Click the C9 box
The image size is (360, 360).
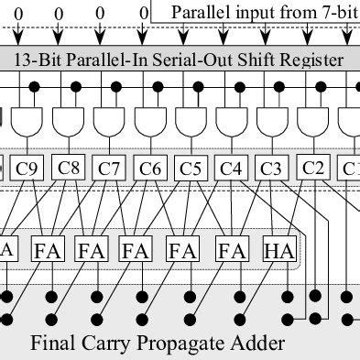coord(28,169)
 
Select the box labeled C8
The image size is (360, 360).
coord(70,169)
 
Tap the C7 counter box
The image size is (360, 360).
coord(110,169)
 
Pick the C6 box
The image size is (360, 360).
coord(150,169)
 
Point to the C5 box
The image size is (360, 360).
coord(191,169)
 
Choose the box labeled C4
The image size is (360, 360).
coord(231,169)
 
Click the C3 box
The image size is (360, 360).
coord(271,169)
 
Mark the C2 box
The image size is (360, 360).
coord(313,169)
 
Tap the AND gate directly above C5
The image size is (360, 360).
coord(191,120)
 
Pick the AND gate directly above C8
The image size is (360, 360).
coord(70,120)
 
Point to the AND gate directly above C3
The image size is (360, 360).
coord(271,120)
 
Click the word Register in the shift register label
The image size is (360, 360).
coord(312,60)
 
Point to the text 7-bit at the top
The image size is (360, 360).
coord(336,14)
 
